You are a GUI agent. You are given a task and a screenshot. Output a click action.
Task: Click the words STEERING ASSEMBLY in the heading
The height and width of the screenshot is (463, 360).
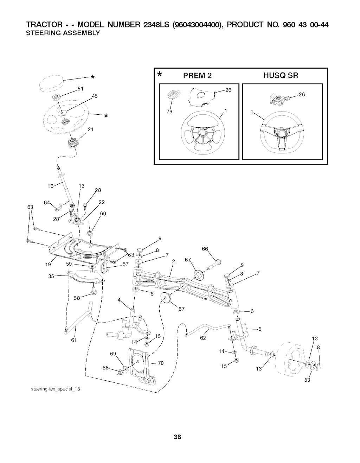point(63,33)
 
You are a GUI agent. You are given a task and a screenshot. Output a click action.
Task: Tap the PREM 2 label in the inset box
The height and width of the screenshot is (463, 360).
point(197,76)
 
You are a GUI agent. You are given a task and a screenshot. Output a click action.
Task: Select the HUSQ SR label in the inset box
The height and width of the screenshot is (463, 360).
point(281,75)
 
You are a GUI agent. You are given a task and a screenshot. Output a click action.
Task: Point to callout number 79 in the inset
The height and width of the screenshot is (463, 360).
point(169,112)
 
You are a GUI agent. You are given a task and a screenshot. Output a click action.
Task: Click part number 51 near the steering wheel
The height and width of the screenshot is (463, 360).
point(80,89)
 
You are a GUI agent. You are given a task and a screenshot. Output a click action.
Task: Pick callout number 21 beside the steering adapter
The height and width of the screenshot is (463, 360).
point(90,129)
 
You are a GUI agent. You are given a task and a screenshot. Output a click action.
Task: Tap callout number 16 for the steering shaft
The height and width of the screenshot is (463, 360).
point(51,186)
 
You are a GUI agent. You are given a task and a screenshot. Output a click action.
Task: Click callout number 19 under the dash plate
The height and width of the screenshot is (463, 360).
point(48,265)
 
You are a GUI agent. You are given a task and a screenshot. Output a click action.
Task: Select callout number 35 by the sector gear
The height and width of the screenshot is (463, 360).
point(51,277)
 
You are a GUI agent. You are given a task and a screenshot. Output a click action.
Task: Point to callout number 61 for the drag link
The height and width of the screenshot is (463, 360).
point(74,340)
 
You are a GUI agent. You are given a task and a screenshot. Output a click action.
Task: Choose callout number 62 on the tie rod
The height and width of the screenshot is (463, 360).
point(203,338)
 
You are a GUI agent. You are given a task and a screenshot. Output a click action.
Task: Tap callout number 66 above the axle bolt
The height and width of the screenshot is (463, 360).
point(205,249)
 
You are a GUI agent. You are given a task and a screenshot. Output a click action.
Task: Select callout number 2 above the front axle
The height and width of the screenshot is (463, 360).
point(174,261)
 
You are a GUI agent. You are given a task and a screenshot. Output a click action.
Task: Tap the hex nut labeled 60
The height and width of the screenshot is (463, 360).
point(89,233)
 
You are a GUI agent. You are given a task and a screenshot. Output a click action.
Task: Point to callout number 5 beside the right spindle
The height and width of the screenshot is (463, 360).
point(260,329)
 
